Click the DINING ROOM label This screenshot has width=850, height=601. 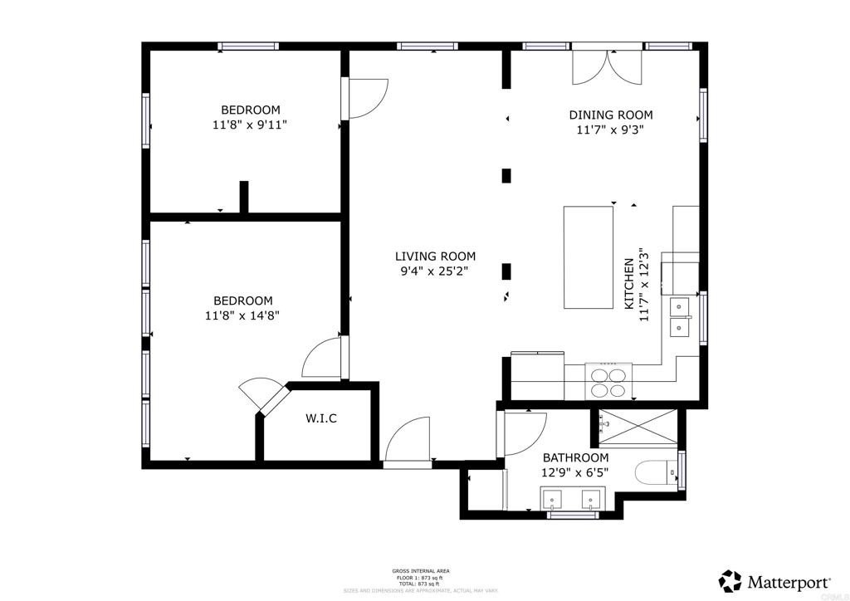tap(610, 115)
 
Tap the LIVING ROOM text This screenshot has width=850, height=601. tap(435, 257)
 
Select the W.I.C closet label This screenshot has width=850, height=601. tap(321, 418)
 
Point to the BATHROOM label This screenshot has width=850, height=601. tap(575, 457)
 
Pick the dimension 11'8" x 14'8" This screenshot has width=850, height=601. tap(243, 315)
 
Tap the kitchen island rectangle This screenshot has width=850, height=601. tap(588, 257)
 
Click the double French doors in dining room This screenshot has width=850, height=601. tap(608, 66)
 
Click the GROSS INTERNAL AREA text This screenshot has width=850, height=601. tap(421, 571)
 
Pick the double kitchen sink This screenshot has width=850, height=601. tap(681, 317)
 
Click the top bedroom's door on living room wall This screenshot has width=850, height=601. tap(365, 98)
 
